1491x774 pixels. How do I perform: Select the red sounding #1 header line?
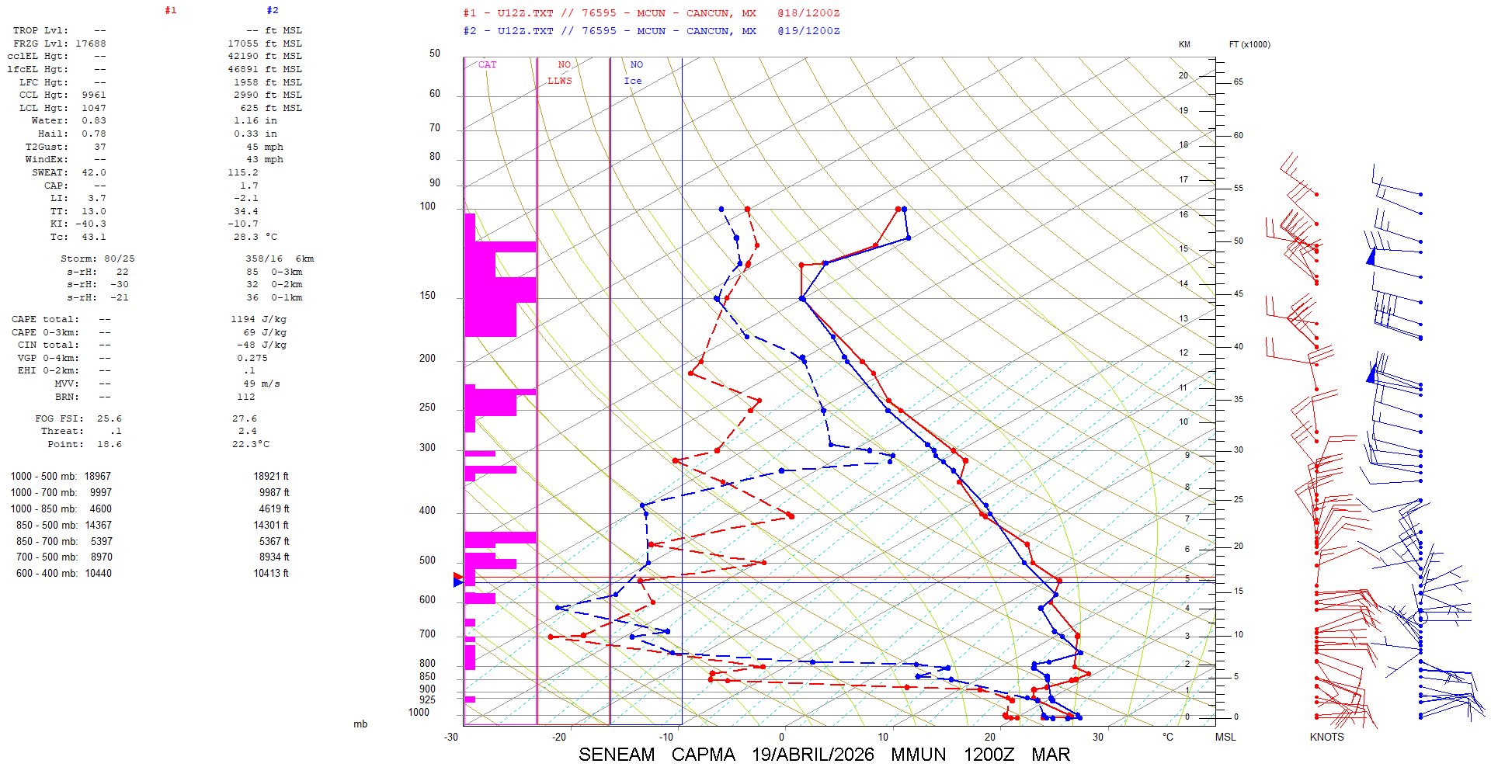[651, 13]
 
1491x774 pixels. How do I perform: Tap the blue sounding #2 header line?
[651, 31]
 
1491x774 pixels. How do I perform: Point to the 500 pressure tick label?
[427, 561]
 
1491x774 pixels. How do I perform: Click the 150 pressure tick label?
[427, 296]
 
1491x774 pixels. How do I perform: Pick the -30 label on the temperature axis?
[451, 737]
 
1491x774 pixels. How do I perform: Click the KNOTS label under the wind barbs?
[1326, 737]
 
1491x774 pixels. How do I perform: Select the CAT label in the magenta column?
[487, 64]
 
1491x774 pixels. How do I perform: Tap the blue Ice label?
[633, 81]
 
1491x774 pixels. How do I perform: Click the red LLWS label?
[559, 81]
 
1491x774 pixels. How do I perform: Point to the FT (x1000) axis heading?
[1249, 44]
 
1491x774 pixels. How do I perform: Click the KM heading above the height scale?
[1184, 44]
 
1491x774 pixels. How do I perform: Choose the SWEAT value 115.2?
[243, 172]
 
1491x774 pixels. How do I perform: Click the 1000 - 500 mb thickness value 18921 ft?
[270, 477]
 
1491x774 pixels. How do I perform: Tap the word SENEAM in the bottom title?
[617, 755]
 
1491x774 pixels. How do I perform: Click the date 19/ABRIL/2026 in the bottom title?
[812, 755]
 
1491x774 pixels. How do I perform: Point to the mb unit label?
[360, 724]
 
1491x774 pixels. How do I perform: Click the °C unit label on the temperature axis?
[1167, 737]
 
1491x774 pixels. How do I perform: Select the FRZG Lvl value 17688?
[91, 43]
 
